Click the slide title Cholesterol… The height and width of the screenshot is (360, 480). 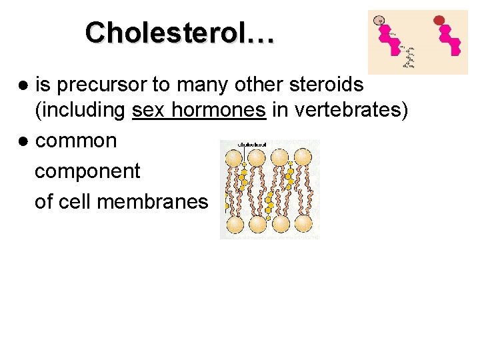[179, 32]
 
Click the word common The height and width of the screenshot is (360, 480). [76, 141]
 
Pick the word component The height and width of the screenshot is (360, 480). [87, 171]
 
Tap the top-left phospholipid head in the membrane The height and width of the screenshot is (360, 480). [234, 158]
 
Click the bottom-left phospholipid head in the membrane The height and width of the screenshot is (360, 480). [234, 225]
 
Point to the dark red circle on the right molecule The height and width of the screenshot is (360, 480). [439, 20]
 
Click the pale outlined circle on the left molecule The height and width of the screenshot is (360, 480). [379, 20]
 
